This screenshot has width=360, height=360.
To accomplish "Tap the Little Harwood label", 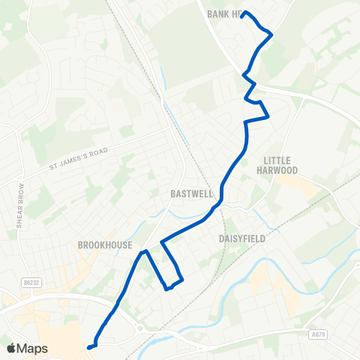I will (x=281, y=165).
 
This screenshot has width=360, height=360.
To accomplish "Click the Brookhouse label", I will (x=105, y=244).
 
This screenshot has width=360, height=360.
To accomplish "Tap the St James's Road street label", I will (x=79, y=159).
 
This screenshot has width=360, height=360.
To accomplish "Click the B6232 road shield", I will (x=30, y=282).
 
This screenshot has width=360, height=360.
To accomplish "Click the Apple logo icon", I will (x=11, y=348).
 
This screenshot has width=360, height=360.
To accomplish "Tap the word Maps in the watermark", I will (x=32, y=348).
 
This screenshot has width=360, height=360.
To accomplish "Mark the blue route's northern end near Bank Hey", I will (x=244, y=13).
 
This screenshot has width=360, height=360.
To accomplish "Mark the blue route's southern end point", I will (x=88, y=347).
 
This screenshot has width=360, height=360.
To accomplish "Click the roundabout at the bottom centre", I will (x=139, y=327).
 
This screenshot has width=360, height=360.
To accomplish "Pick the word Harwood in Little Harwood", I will (x=281, y=170).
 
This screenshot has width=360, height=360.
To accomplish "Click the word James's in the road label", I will (x=76, y=160).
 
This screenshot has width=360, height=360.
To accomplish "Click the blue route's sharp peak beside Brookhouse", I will (x=145, y=253).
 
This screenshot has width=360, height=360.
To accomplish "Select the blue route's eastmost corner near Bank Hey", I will (x=271, y=34).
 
